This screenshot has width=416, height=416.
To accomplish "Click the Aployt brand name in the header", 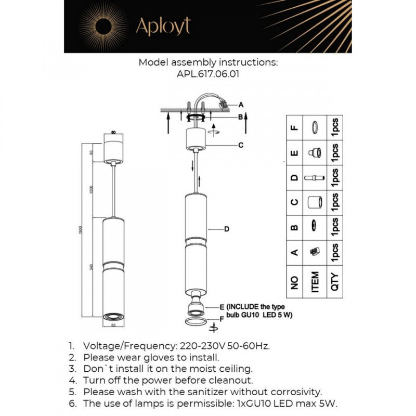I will tap(163, 26).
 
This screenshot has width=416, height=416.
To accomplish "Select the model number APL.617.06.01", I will tap(208, 74).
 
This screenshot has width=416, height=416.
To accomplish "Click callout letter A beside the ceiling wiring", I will tap(241, 104).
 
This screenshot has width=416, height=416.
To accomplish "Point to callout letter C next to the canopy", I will tap(241, 145).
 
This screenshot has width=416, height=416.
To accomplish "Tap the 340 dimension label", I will tap(92, 267).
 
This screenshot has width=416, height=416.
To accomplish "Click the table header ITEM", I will tap(315, 282).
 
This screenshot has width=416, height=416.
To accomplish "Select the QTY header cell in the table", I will tap(335, 282).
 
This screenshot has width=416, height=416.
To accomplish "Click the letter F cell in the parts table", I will tap(294, 127).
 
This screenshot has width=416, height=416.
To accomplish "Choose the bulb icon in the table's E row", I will tap(315, 152).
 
